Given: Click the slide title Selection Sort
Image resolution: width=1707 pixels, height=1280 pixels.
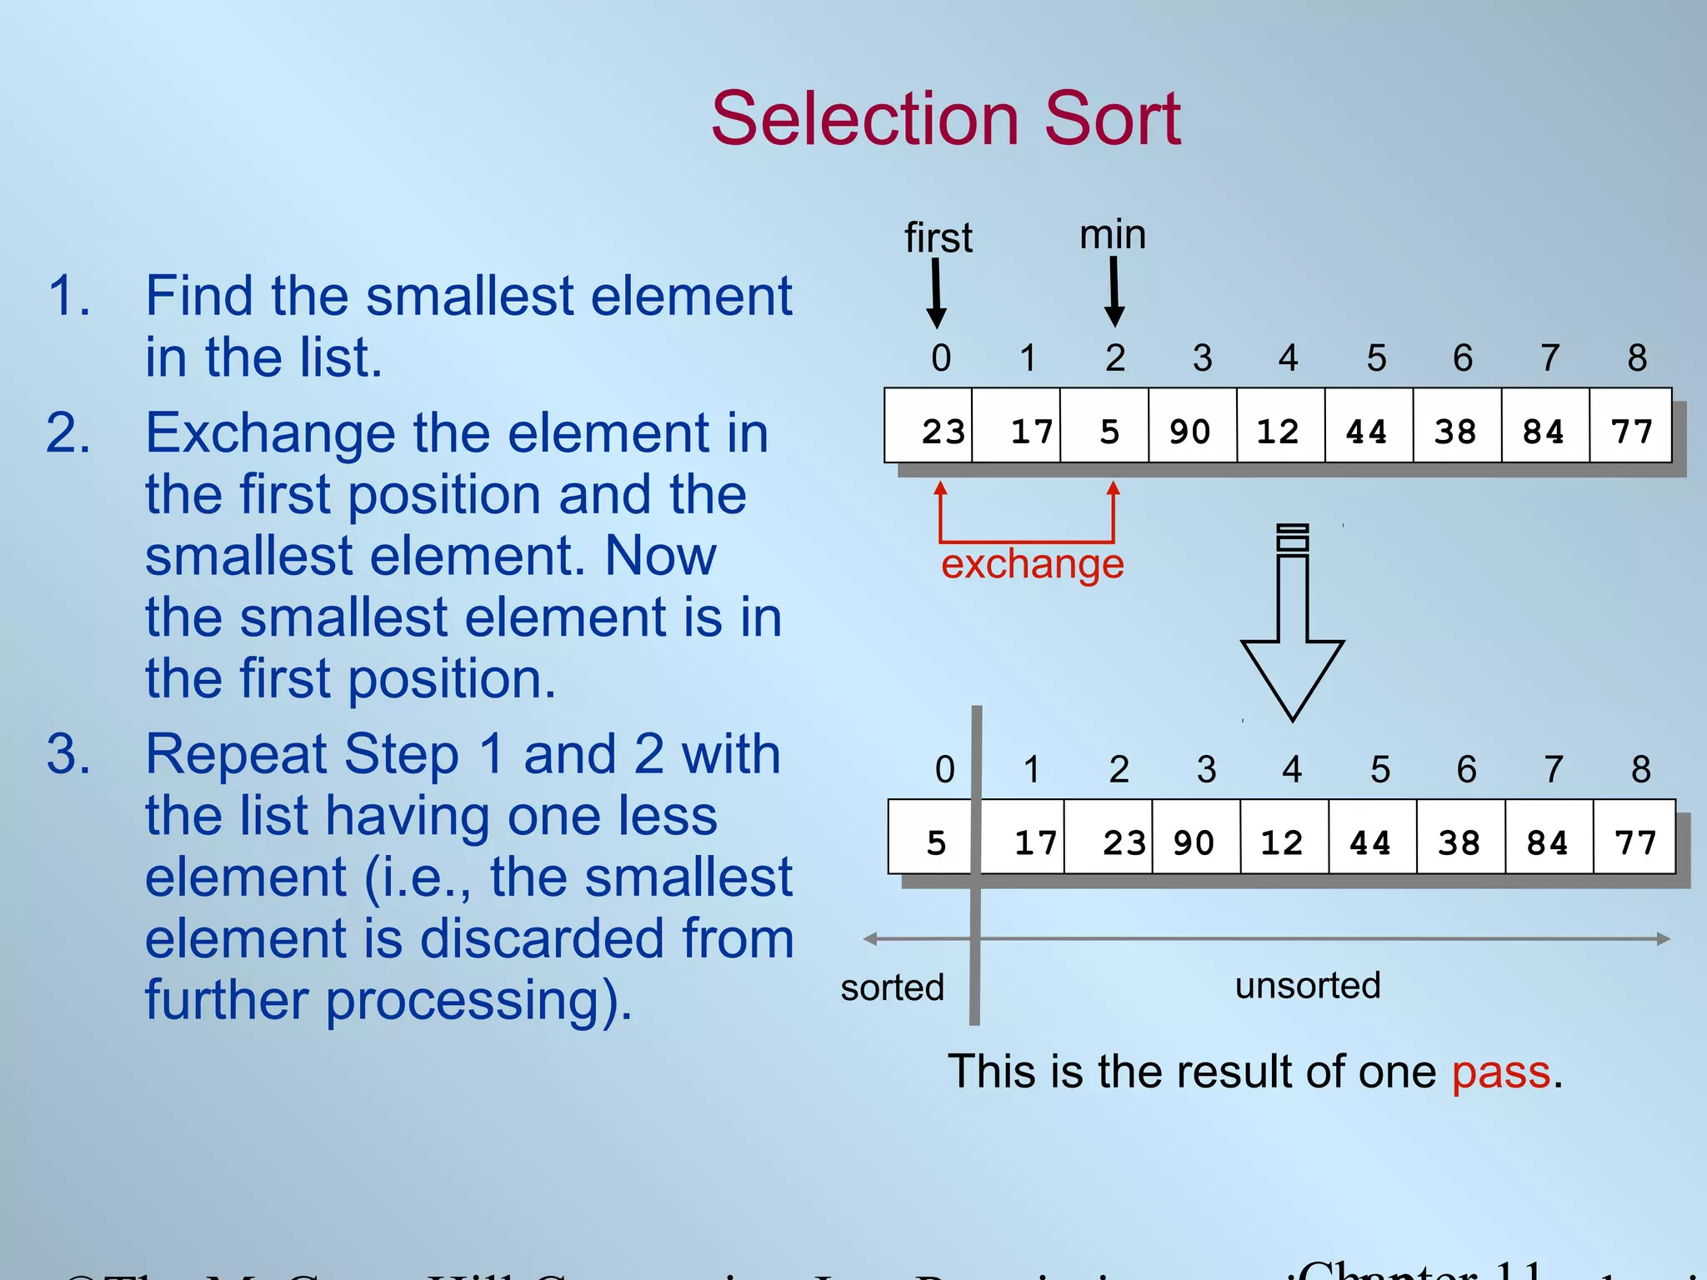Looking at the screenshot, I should tap(945, 119).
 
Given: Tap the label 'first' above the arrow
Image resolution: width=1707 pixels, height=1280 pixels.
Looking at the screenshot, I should tap(938, 238).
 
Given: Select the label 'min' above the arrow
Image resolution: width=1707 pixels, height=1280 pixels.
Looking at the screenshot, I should tap(1113, 235).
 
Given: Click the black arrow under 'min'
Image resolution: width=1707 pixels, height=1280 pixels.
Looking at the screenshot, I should tap(1114, 292).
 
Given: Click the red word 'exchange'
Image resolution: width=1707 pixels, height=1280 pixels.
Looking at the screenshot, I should tap(1032, 565).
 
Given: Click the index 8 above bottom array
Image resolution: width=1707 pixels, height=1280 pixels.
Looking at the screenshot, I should tap(1640, 769).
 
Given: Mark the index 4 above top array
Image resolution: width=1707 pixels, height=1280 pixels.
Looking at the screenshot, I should tap(1288, 358).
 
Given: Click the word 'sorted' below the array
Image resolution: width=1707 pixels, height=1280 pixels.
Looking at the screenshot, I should tap(892, 988).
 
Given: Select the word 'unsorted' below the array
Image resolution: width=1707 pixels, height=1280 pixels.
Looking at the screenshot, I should tap(1308, 986).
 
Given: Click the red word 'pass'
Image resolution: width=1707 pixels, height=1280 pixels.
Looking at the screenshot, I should tap(1500, 1072).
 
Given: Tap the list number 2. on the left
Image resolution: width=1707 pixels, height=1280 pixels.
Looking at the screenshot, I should tap(68, 433).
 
